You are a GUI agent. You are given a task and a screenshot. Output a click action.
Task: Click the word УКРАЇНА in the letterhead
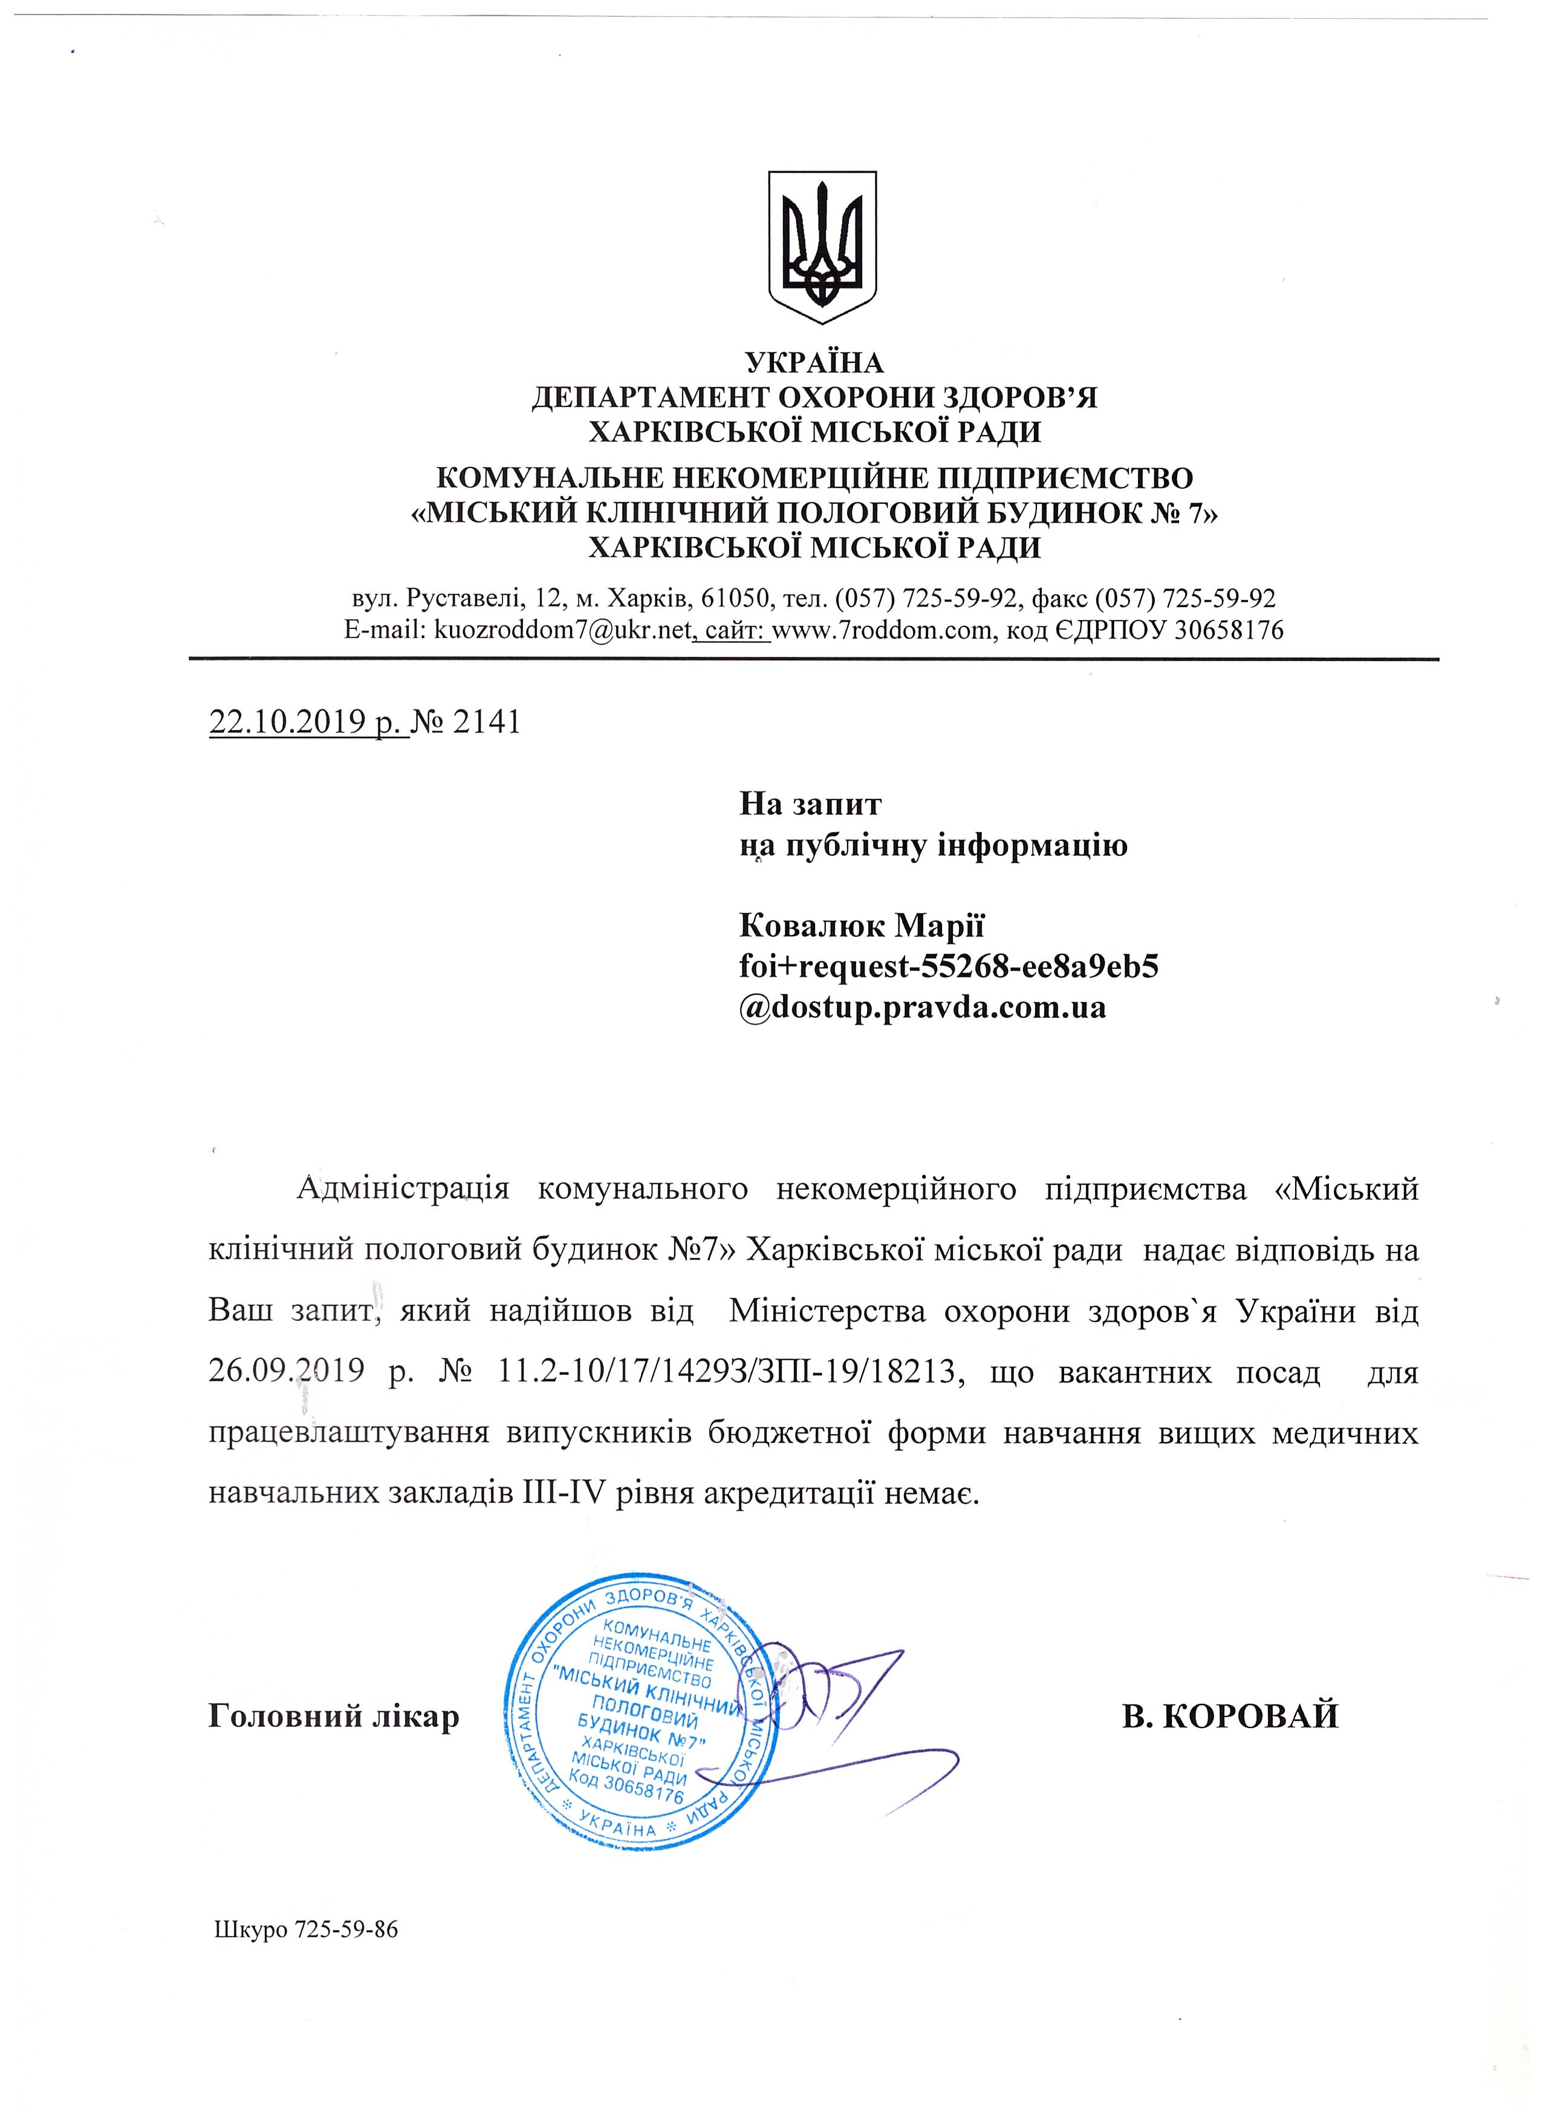click(814, 362)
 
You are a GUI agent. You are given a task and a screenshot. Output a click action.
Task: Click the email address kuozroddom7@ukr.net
click(562, 630)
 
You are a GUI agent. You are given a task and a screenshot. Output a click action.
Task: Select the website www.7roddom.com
click(882, 630)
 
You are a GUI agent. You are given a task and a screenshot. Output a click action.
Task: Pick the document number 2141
click(486, 723)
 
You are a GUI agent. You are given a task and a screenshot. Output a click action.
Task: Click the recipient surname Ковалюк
click(813, 926)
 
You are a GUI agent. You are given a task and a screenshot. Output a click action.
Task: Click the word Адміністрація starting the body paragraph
click(402, 1190)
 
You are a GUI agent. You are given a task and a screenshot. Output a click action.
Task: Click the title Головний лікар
click(333, 1716)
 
